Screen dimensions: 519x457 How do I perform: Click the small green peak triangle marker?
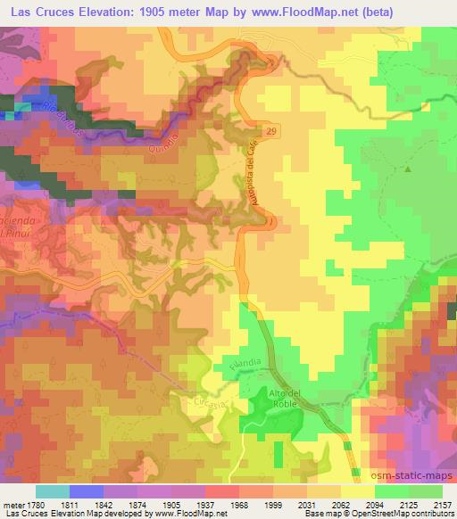click(x=409, y=168)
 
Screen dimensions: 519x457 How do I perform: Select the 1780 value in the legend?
click(x=35, y=504)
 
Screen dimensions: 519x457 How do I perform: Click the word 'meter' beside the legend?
click(x=11, y=504)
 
